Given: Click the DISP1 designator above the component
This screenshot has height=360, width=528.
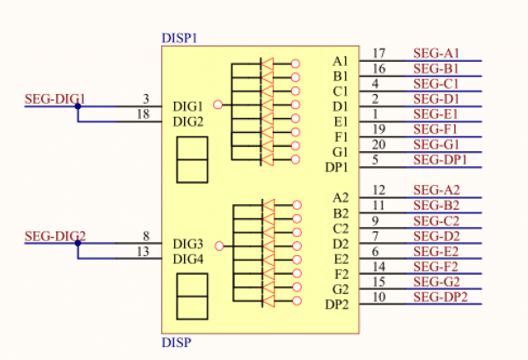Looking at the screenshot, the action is click(180, 38).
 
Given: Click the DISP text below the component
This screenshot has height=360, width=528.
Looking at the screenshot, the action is click(177, 342).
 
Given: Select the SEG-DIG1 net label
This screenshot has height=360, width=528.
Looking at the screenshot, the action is click(55, 99).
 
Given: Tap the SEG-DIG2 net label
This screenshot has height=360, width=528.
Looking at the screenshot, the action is click(55, 236).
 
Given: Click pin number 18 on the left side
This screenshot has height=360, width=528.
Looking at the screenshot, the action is click(143, 114).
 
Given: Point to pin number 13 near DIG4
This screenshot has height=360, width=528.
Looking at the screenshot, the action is click(143, 252).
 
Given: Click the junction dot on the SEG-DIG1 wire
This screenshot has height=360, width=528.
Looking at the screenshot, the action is click(77, 107).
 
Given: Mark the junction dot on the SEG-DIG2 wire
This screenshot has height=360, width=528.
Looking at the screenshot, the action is click(77, 243).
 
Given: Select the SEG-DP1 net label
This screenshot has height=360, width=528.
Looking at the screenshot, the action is click(440, 159).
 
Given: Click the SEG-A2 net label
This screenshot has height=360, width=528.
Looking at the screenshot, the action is click(436, 190).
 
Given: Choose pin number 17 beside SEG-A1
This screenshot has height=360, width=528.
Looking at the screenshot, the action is click(378, 53).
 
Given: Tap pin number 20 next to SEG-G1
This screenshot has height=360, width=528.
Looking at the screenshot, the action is click(378, 144).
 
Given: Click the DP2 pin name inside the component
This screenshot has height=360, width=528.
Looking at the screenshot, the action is click(337, 305).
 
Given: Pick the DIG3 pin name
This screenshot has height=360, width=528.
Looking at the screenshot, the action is click(188, 244).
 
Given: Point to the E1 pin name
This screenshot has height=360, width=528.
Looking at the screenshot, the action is click(341, 122).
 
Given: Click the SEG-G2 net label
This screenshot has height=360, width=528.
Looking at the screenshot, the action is click(436, 282).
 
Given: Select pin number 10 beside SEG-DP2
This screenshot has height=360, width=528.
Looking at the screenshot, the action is click(378, 297).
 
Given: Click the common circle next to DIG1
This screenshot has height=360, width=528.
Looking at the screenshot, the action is click(218, 105).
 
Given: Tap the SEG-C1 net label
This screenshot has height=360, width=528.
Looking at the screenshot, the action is click(436, 84).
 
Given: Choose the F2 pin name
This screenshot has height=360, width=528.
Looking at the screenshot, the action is click(341, 275).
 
